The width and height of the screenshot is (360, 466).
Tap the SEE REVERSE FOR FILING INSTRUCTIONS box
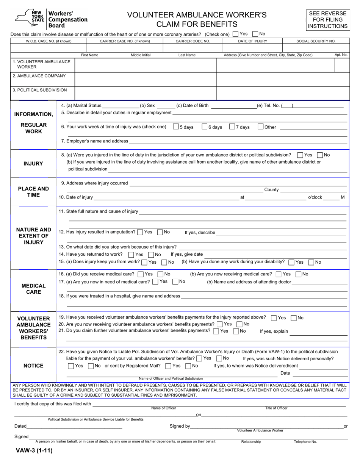pos(327,20)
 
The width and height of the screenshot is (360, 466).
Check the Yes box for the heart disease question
pos(236,34)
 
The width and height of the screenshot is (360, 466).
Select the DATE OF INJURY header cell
pos(253,41)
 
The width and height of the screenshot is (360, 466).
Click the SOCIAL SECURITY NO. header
pos(316,41)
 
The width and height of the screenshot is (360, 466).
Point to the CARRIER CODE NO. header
pos(193,41)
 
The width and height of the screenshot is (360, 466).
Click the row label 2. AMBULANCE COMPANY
pos(39,76)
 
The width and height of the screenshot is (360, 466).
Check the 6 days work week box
pos(205,127)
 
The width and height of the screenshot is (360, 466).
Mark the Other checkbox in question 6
pos(260,127)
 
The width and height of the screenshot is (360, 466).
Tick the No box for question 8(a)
pos(320,155)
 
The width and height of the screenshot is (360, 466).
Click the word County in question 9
pos(271,190)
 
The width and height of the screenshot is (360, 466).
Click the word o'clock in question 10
pos(315,197)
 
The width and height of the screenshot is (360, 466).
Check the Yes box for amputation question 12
pos(140,232)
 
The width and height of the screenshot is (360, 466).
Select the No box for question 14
pos(151,255)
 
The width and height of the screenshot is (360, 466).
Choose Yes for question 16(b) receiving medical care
pos(279,274)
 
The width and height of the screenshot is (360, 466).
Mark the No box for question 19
pos(293,318)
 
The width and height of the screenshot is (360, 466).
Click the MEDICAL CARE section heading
pos(33,289)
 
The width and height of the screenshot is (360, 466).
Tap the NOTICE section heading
pos(33,366)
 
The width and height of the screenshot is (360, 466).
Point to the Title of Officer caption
pos(276,408)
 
